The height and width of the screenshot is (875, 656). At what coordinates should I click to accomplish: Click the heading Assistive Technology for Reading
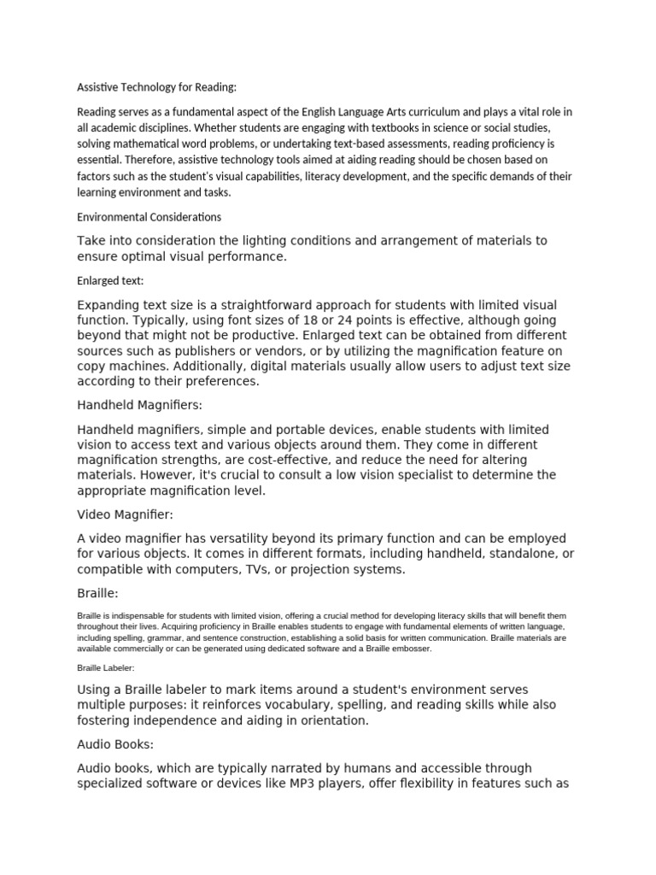coord(156,86)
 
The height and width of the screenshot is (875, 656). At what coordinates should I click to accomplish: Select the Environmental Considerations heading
coord(149,217)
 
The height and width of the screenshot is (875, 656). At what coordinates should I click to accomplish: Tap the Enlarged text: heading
coord(110,280)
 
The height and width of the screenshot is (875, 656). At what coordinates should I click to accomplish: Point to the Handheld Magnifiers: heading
coord(140,404)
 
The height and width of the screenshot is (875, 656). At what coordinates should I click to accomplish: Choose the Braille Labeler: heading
coord(106,668)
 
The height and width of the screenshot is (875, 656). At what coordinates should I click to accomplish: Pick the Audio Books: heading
coord(115,744)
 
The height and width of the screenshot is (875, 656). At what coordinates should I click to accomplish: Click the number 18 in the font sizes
coord(279,320)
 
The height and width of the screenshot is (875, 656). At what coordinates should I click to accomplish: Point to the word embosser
coord(411,648)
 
